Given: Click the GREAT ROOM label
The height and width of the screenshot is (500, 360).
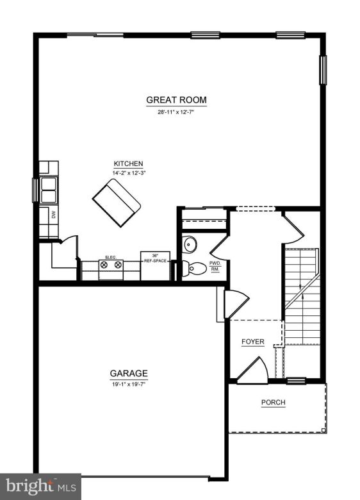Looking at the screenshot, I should [x=176, y=100].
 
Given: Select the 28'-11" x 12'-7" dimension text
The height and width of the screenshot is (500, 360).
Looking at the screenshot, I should [x=176, y=112].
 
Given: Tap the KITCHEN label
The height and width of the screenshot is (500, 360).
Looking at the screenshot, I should [x=128, y=163].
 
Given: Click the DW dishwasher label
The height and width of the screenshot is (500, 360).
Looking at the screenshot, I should [x=54, y=216].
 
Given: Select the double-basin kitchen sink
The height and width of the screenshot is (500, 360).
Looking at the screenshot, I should [x=49, y=190].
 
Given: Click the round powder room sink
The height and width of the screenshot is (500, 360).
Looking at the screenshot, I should [x=190, y=244].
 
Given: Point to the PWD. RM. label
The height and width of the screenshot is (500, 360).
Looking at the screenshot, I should [x=215, y=266].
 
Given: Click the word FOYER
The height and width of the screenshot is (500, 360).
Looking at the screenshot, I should [x=252, y=342].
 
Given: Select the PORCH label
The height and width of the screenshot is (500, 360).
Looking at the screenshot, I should [x=273, y=403].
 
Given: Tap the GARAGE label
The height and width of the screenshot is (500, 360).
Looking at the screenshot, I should [x=129, y=373].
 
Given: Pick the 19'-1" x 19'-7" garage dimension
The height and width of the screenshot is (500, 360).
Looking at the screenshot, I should [x=129, y=385].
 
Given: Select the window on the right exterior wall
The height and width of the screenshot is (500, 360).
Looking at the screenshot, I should [x=323, y=70].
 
